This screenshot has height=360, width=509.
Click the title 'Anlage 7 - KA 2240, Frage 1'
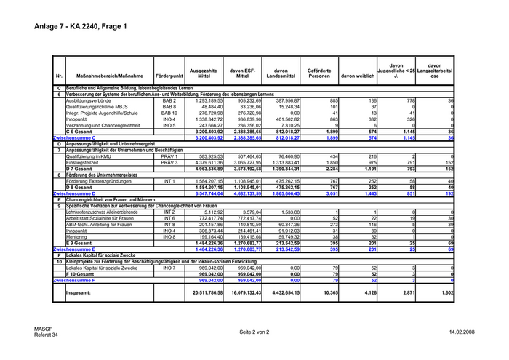click(x=80, y=27)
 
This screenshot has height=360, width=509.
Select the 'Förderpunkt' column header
click(x=169, y=76)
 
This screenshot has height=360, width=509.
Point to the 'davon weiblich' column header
click(x=357, y=76)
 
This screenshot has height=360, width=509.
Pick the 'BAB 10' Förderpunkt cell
click(x=169, y=113)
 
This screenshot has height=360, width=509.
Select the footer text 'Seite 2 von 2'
click(x=254, y=332)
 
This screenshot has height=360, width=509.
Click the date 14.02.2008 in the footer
click(x=461, y=332)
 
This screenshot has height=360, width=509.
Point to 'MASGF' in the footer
click(x=42, y=329)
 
